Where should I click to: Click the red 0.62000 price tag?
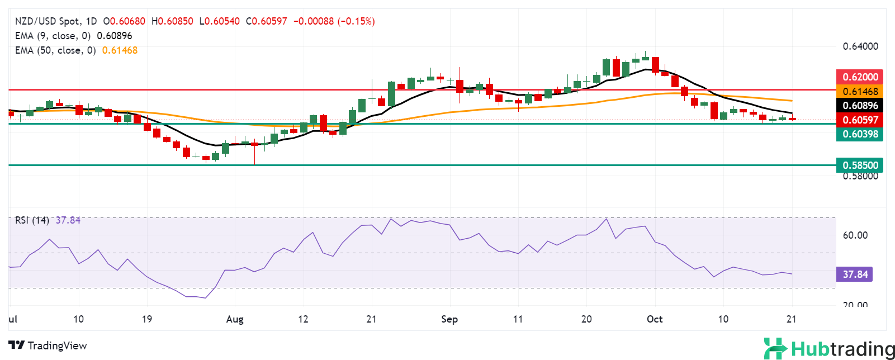[x=860, y=77]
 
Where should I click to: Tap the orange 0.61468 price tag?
[x=860, y=92]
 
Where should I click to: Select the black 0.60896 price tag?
[x=860, y=106]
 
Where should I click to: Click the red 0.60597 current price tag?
[x=860, y=120]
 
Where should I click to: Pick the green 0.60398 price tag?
[x=860, y=134]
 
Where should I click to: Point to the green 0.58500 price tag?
[x=860, y=165]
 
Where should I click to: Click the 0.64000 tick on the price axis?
[x=860, y=46]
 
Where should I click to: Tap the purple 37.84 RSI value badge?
[x=855, y=274]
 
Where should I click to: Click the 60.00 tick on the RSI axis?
[x=855, y=235]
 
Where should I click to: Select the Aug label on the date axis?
[x=235, y=319]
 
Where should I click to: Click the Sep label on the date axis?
[x=449, y=319]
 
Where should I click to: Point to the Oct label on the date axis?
[x=655, y=319]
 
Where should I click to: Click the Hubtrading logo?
[x=830, y=349]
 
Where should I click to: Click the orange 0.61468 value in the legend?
[x=120, y=50]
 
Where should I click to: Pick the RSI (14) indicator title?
[x=32, y=220]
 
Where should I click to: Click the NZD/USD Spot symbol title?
[x=47, y=21]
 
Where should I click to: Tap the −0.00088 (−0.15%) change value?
[x=334, y=21]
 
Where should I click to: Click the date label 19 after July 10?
[x=147, y=319]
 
